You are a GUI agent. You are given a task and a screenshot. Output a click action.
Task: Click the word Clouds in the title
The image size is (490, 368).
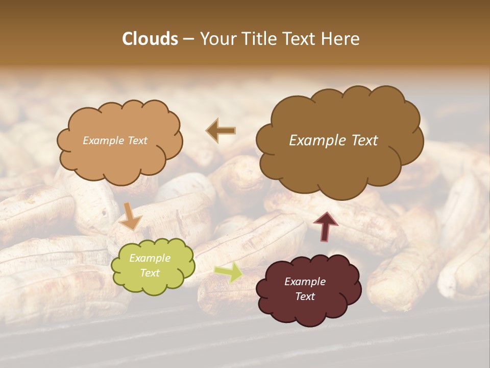[150, 39]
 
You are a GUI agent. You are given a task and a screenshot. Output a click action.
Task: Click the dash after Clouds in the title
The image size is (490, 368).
[188, 39]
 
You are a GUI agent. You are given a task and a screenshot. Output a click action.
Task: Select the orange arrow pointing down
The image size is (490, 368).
[130, 216]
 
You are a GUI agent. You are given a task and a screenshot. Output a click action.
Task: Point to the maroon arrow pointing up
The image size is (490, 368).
[325, 226]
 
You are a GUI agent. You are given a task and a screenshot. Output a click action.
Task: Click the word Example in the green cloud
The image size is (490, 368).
[150, 258]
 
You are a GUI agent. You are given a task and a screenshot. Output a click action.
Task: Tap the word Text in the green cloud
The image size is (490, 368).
[150, 273]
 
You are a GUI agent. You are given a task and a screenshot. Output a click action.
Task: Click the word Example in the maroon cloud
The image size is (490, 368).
[305, 282]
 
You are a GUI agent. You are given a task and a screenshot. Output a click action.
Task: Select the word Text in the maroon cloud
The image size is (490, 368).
[305, 296]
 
